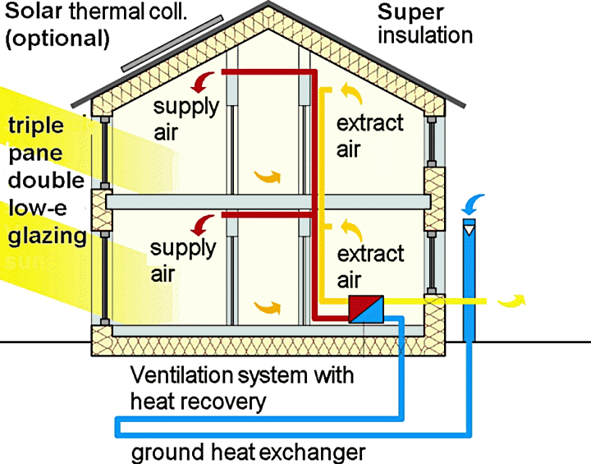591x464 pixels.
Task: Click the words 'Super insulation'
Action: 424,24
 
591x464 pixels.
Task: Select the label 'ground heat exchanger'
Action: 248,453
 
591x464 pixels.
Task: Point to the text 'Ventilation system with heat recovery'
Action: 242,388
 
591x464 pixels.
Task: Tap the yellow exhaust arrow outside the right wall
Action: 514,301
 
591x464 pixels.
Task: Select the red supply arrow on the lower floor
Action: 201,223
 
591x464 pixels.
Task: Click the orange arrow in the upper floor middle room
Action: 268,175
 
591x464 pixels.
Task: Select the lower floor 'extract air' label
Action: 370,267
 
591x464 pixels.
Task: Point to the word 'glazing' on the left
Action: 48,237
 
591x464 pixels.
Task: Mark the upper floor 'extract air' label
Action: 370,136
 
